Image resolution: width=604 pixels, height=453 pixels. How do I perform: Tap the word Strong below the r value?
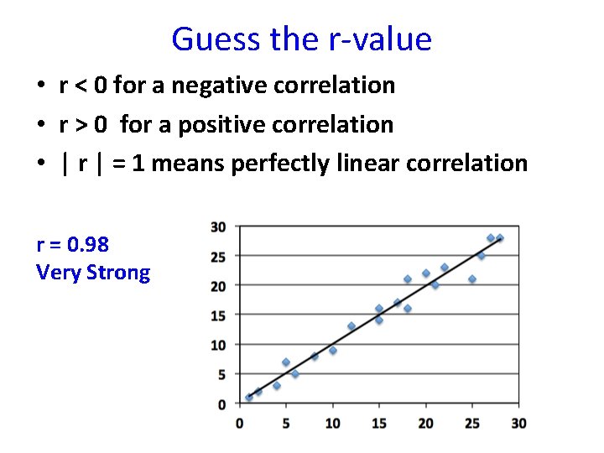coord(118,273)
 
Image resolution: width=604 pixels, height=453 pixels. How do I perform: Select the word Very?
coord(59,273)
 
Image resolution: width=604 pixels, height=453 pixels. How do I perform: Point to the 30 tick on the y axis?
coord(218,226)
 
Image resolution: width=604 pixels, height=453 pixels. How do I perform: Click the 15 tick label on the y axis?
coord(218,315)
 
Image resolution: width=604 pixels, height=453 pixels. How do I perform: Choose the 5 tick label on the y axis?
coord(221,375)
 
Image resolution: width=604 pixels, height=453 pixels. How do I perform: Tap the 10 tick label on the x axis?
coord(332,423)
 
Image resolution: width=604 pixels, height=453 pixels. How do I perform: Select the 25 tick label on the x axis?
coord(472,423)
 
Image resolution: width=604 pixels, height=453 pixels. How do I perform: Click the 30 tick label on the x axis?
coord(518,423)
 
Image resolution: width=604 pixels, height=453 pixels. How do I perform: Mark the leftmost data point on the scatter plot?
coord(248,398)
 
